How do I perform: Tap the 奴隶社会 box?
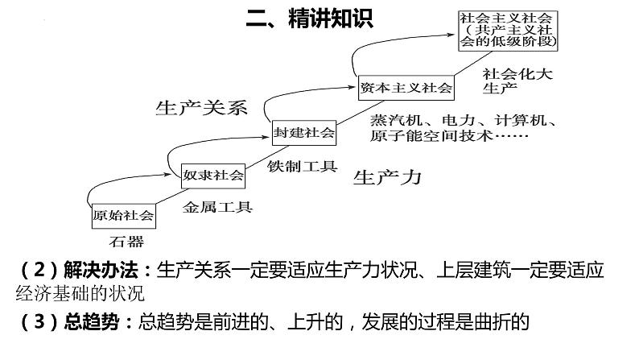coord(213,174)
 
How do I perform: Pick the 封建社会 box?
coord(303,132)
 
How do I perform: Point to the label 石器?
coord(127,241)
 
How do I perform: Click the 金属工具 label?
coord(217,207)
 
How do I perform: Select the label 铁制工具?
coord(302,167)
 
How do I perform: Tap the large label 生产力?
coord(387,177)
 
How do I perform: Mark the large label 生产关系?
coord(201,107)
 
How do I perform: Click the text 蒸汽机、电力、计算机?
coord(464,120)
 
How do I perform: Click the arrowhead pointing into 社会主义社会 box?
coord(453,34)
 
